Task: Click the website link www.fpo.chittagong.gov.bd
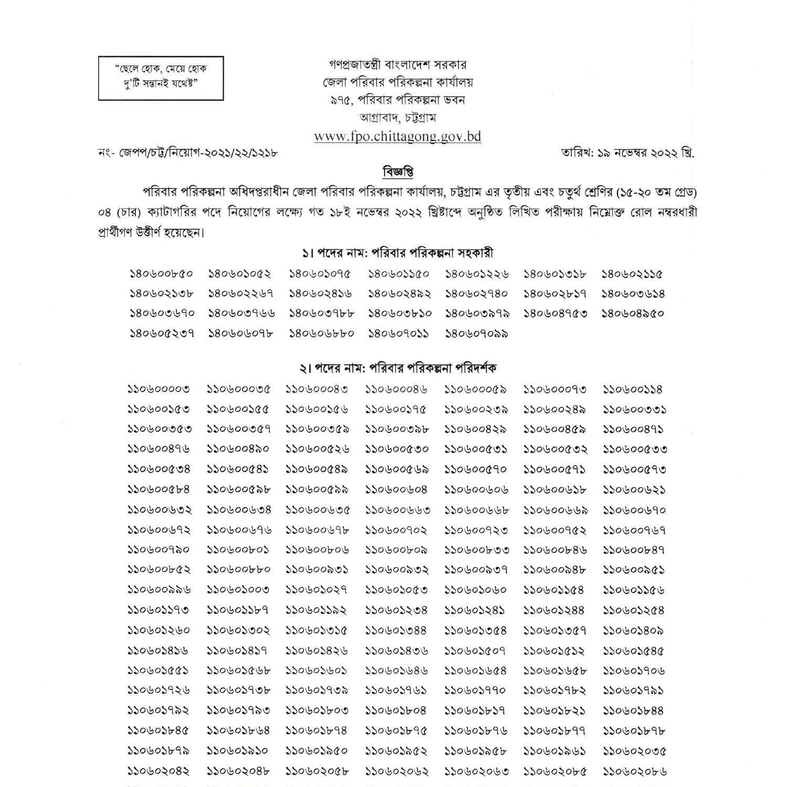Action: coord(397,136)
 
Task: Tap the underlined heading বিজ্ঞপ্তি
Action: coord(398,172)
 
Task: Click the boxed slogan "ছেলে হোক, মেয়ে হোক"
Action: coord(161,69)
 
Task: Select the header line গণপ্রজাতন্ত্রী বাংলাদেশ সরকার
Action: coord(398,65)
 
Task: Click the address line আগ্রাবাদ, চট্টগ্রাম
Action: coord(398,118)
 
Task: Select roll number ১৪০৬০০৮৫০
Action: coord(161,274)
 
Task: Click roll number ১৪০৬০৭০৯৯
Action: coord(477,334)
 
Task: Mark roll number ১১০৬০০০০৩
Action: coord(158,389)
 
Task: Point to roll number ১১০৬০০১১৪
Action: coord(633,389)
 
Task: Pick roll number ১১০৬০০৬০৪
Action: coord(396,490)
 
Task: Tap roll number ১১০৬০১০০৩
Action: coord(238,590)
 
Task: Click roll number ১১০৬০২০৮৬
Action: coord(635,772)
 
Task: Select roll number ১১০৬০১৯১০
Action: coord(237,751)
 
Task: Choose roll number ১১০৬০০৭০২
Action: coord(396,530)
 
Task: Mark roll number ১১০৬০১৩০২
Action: coord(238,630)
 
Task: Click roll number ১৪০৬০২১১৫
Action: coord(632,274)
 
